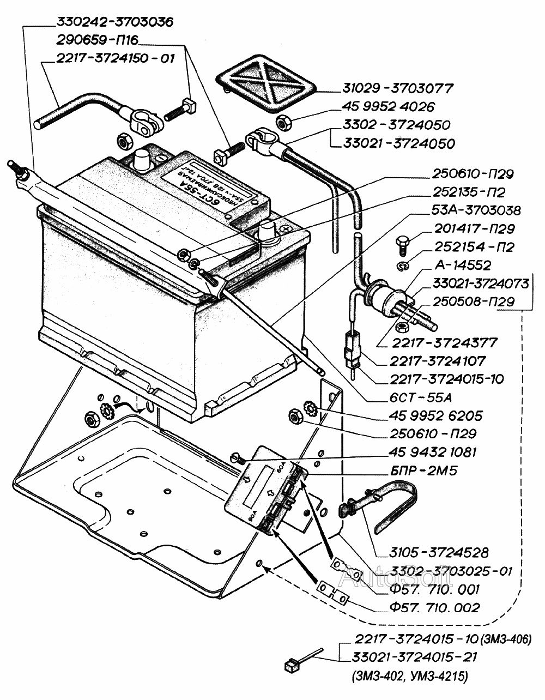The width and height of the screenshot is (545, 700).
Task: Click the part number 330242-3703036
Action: point(114,22)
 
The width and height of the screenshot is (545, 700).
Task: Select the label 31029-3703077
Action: point(398,88)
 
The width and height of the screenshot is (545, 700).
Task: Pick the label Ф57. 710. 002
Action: point(425,608)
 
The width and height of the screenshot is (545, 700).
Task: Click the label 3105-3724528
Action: point(439,552)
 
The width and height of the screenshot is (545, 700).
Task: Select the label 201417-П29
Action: point(474,230)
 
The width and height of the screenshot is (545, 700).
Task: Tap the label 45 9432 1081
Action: point(433,452)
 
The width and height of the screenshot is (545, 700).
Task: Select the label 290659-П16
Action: point(97,40)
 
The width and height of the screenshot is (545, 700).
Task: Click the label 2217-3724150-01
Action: point(115,58)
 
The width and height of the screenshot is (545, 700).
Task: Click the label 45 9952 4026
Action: point(388,106)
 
